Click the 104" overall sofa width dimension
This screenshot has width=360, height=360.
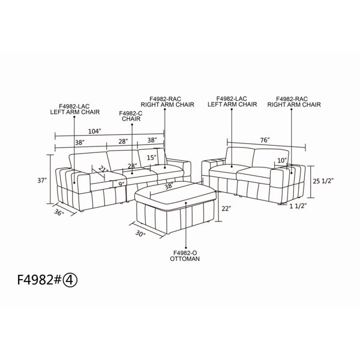(x=95, y=131)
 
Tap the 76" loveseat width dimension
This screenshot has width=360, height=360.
(x=265, y=140)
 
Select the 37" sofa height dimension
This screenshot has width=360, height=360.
(x=42, y=181)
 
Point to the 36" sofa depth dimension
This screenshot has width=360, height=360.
(x=59, y=212)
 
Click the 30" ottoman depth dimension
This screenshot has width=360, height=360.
(x=140, y=234)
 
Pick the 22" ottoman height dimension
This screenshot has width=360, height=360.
(x=226, y=209)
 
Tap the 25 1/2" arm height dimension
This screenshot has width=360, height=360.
(x=323, y=181)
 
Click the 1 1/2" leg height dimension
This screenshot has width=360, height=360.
(x=298, y=206)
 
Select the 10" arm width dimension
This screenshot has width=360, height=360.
(x=282, y=160)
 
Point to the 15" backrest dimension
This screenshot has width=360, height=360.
(x=152, y=158)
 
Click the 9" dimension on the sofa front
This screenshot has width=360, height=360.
(x=121, y=184)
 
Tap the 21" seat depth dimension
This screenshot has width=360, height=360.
(x=103, y=170)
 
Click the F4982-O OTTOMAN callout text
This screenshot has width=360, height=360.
(x=185, y=256)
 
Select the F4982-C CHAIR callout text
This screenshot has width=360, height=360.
(x=131, y=116)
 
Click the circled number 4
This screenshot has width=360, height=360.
(x=70, y=280)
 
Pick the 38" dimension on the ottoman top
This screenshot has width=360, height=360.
(x=169, y=185)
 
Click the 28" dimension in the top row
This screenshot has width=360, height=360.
(x=123, y=141)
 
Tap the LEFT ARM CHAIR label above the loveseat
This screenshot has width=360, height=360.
(x=232, y=104)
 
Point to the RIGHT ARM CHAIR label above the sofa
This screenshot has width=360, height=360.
(x=167, y=104)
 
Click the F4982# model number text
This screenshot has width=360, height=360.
(x=39, y=280)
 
